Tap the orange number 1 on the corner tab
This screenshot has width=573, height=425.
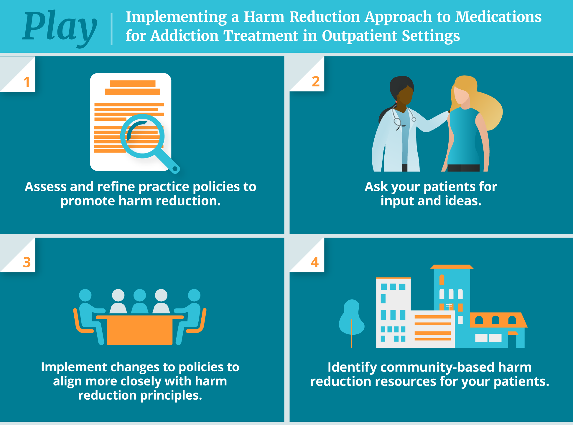[x=27, y=82]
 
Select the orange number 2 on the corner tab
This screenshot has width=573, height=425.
[x=316, y=81]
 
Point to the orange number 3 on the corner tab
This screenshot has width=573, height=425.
[x=27, y=262]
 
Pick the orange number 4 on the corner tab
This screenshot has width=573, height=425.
[x=315, y=262]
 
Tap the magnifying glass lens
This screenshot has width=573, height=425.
[x=142, y=136]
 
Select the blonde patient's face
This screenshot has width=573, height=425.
[x=462, y=94]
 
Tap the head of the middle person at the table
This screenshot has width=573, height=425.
[x=140, y=295]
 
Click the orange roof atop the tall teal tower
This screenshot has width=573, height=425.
[x=452, y=267]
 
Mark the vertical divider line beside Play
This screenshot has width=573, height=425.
[x=111, y=29]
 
